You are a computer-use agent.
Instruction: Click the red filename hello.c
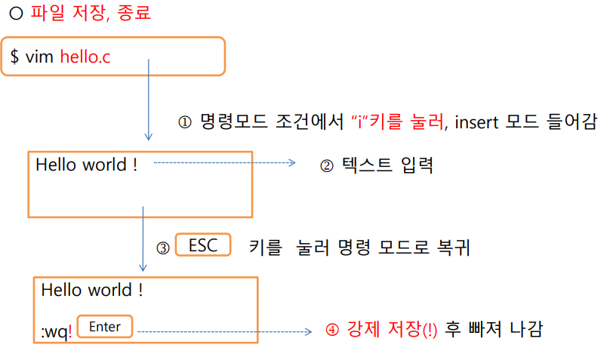[x=85, y=57]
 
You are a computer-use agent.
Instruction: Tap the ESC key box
[x=202, y=245]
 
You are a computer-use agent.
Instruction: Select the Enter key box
[x=105, y=327]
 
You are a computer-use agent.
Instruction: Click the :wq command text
[x=56, y=331]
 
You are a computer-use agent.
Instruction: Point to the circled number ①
[x=185, y=122]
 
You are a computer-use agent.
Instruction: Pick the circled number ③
[x=162, y=248]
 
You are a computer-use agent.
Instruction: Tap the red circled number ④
[x=332, y=331]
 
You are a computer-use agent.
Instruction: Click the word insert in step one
[x=480, y=122]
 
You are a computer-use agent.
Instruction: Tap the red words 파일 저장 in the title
[x=63, y=14]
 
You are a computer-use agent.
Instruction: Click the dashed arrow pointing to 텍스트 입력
[x=224, y=162]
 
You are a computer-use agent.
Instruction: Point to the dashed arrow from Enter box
[x=224, y=331]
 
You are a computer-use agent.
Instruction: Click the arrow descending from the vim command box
[x=149, y=98]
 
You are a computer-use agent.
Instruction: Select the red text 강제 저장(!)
[x=393, y=330]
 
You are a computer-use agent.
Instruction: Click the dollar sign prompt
[x=14, y=57]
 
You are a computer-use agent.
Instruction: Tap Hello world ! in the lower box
[x=92, y=290]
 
